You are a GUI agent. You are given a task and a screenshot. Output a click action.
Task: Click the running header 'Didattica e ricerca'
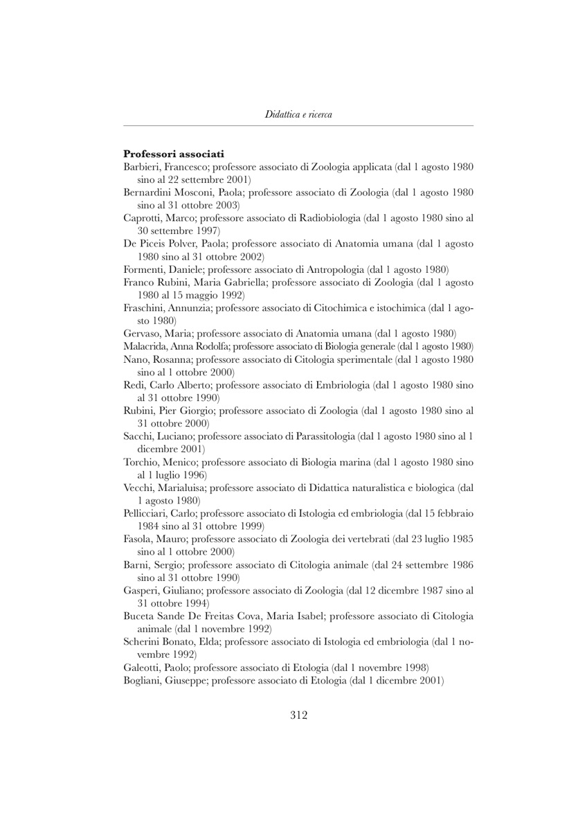click(x=298, y=114)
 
